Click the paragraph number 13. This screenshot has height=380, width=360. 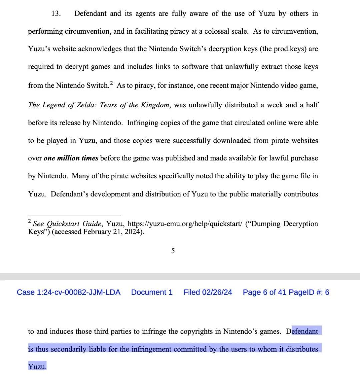pyautogui.click(x=56, y=14)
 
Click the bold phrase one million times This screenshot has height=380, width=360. pyautogui.click(x=71, y=158)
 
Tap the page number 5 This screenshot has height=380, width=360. pyautogui.click(x=173, y=251)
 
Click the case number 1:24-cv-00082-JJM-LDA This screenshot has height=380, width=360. pyautogui.click(x=69, y=292)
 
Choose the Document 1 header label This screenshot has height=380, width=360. pyautogui.click(x=152, y=292)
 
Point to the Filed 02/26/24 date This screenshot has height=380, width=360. pyautogui.click(x=208, y=292)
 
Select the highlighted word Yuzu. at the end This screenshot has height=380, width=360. pyautogui.click(x=37, y=367)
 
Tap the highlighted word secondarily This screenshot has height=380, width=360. pyautogui.click(x=68, y=349)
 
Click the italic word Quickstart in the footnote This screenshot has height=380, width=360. pyautogui.click(x=62, y=224)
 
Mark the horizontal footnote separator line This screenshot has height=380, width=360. pyautogui.click(x=74, y=216)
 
